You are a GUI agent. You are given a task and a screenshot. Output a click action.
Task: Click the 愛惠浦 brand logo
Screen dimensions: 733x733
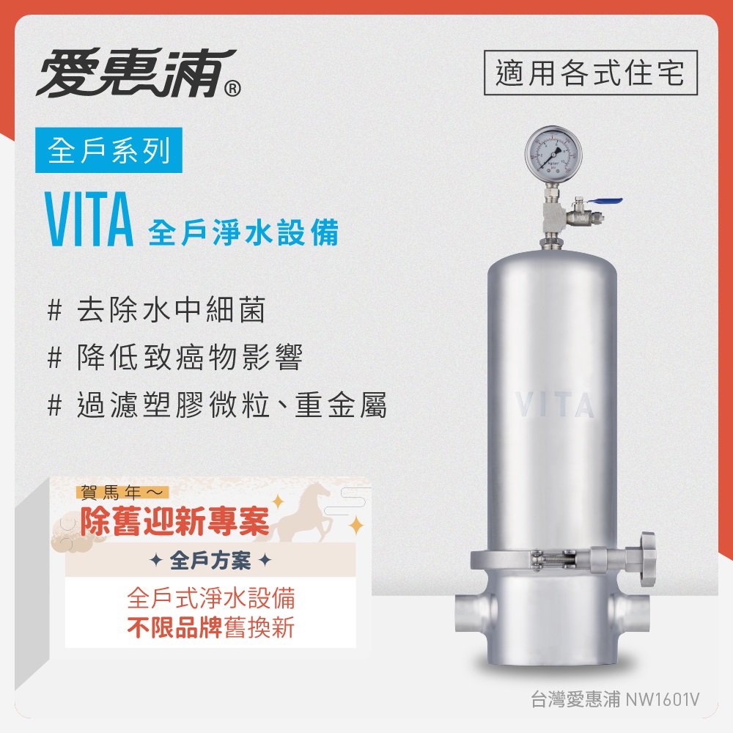click(x=136, y=73)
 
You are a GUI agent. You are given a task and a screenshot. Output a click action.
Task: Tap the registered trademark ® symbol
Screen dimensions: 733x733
click(x=231, y=89)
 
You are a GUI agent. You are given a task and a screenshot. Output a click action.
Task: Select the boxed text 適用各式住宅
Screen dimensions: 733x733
click(x=590, y=73)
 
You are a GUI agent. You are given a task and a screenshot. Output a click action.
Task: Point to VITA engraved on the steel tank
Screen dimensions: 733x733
click(x=554, y=405)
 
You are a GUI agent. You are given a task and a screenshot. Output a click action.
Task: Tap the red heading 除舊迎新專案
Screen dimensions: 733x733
click(x=175, y=522)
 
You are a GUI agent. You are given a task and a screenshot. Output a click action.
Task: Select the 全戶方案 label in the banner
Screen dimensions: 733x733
click(x=210, y=561)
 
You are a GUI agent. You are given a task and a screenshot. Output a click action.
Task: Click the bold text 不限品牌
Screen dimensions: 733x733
click(x=176, y=628)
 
